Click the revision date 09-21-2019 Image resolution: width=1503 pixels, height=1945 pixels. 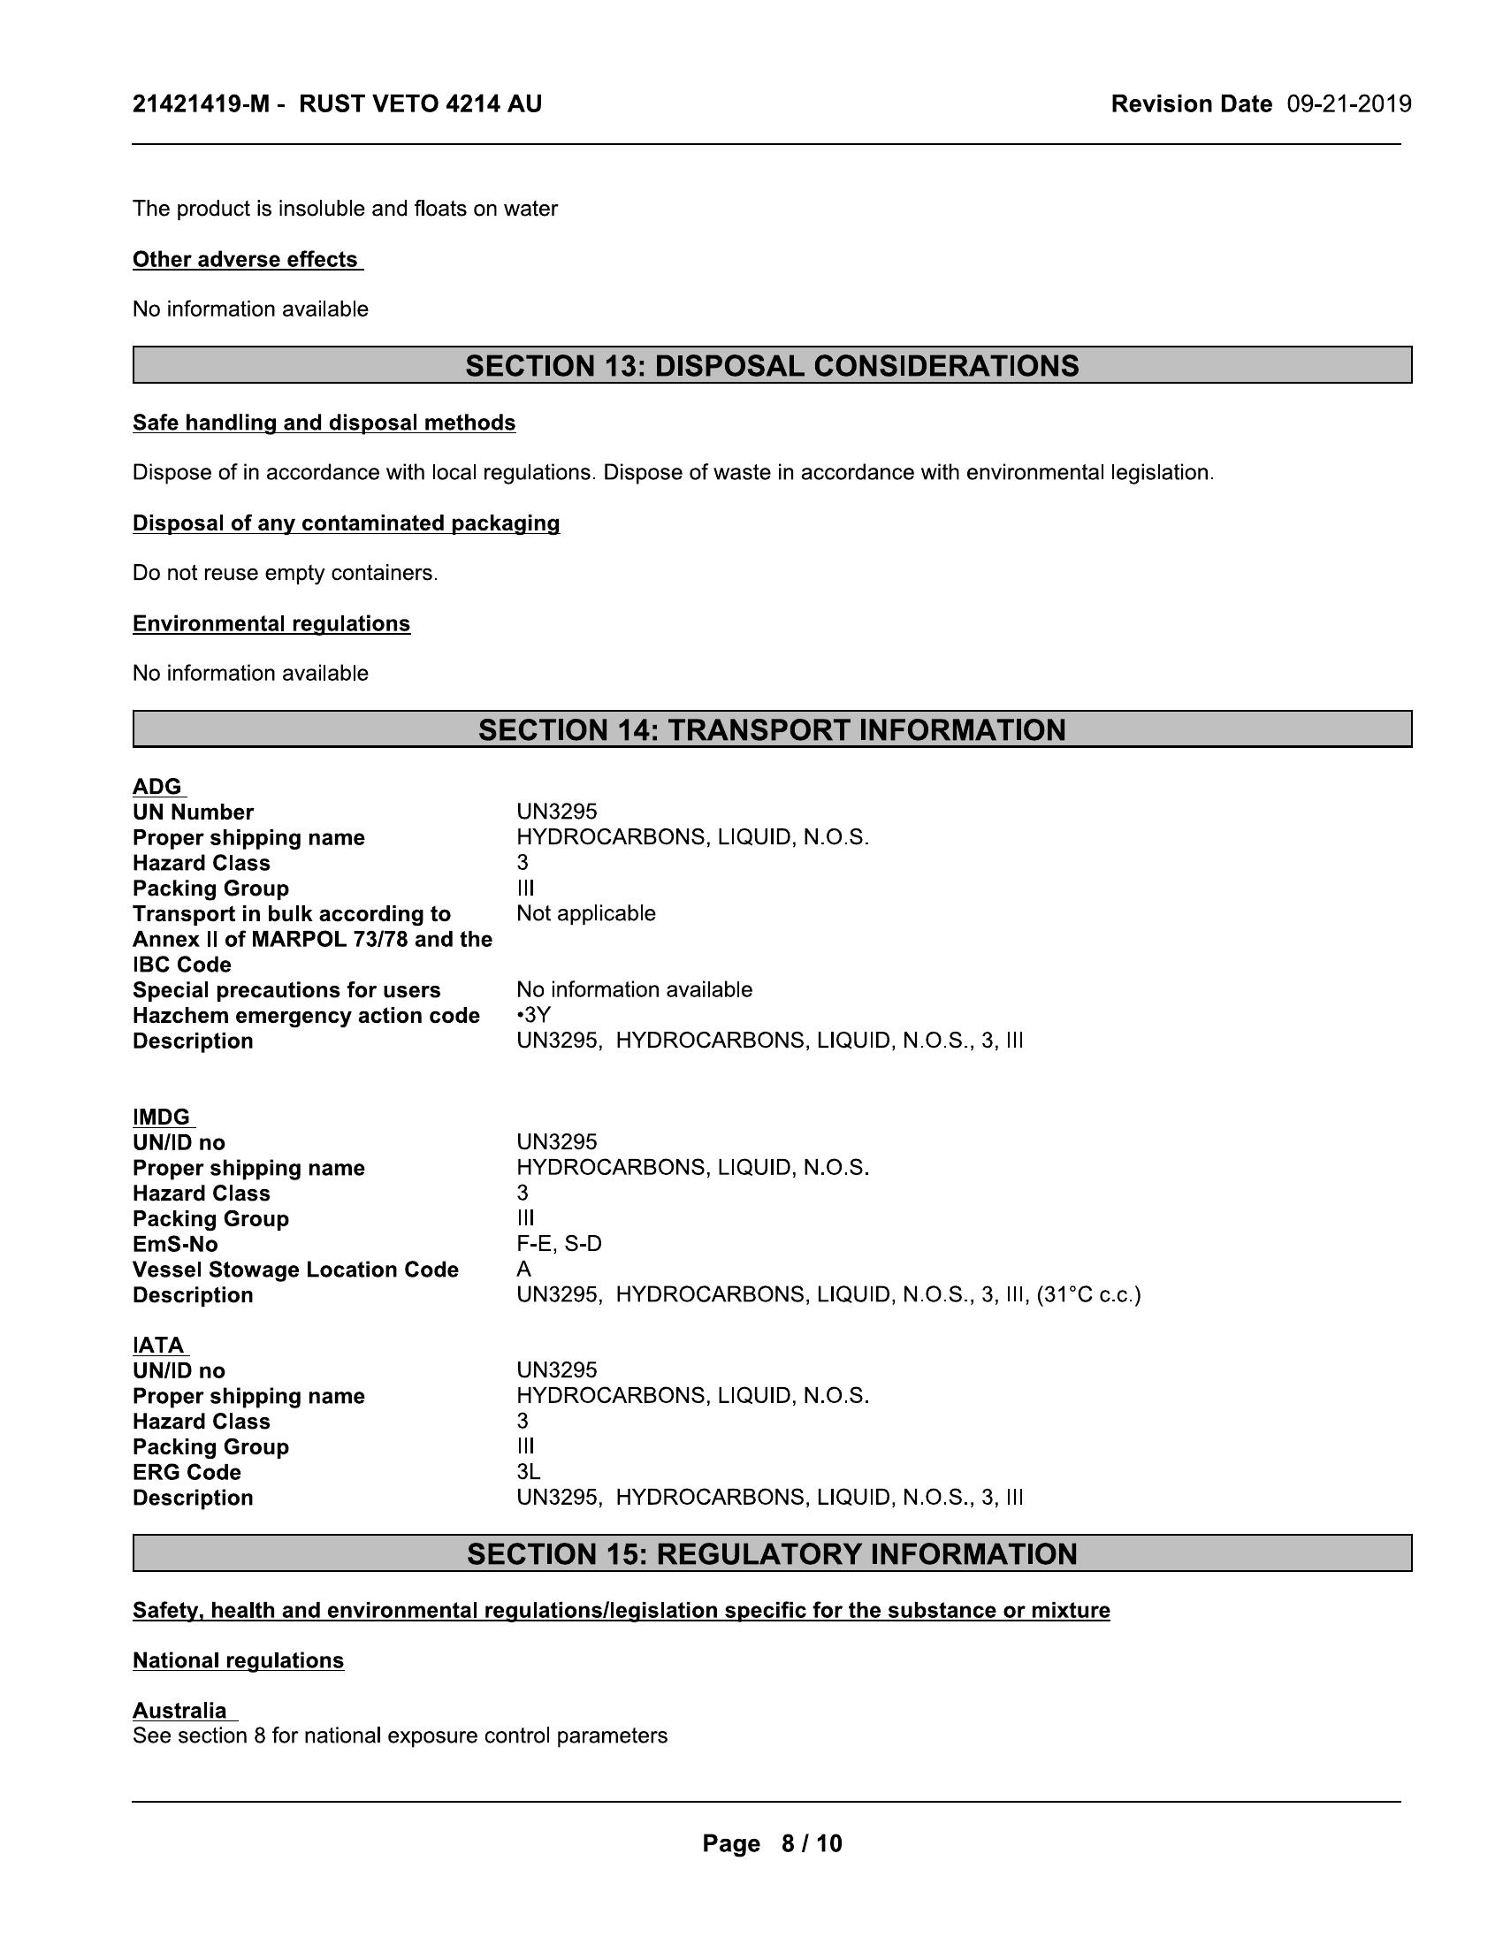tap(1348, 104)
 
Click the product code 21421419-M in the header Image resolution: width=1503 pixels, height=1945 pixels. tap(201, 104)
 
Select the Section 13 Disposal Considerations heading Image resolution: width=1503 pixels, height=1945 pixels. tap(772, 366)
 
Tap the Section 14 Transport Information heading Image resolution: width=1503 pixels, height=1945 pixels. tap(772, 729)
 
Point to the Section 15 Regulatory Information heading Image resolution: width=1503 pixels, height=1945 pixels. tap(772, 1554)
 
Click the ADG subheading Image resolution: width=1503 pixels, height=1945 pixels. tap(157, 787)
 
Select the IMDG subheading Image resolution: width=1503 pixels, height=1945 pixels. tap(162, 1117)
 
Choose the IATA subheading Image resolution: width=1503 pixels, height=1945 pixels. tap(159, 1346)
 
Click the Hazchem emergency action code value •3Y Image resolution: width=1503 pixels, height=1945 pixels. tap(533, 1015)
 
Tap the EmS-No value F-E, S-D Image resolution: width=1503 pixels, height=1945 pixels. tap(559, 1244)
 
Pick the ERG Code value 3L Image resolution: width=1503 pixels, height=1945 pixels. tap(528, 1472)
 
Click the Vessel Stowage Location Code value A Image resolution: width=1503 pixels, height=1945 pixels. tap(523, 1269)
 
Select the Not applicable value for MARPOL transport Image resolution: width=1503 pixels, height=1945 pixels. tap(586, 914)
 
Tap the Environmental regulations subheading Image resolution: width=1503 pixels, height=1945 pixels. tap(271, 624)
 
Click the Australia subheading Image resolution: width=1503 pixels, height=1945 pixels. tap(180, 1711)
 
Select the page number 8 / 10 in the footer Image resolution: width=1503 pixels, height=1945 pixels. tap(811, 1843)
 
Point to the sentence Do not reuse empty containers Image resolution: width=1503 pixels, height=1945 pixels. tap(285, 574)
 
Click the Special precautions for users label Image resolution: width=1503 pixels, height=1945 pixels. tap(286, 990)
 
